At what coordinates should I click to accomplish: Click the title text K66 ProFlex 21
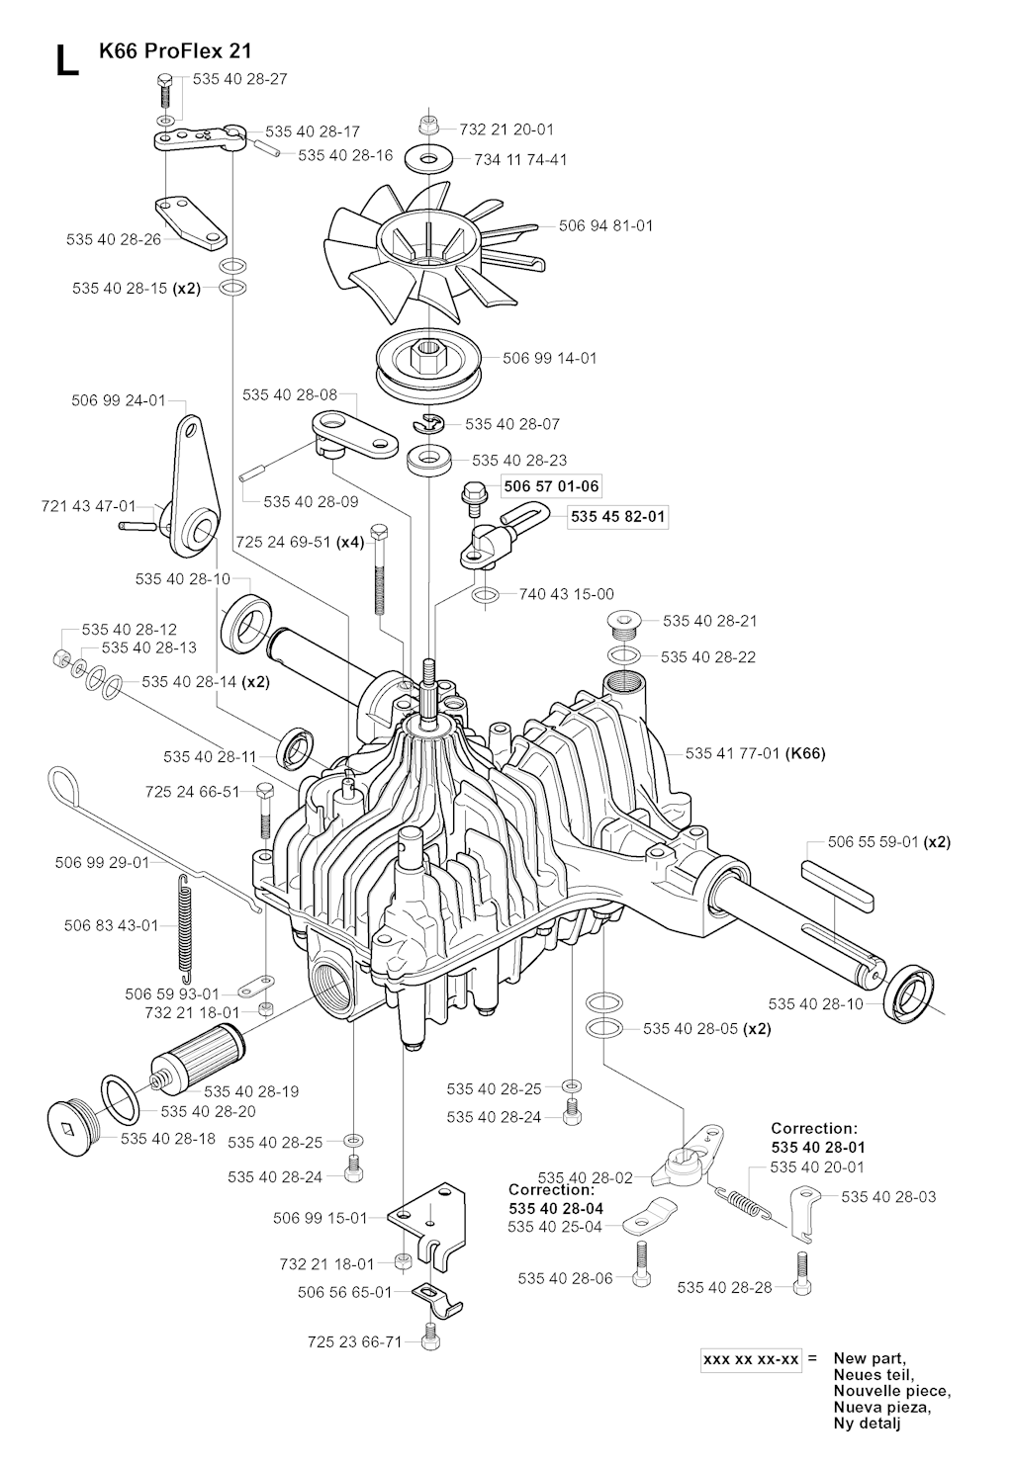pos(174,50)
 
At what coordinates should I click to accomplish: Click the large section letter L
pos(65,60)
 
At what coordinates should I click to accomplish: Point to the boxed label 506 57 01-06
pos(551,486)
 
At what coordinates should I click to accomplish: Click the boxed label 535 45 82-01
pos(618,516)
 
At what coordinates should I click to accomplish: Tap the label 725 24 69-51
pos(286,543)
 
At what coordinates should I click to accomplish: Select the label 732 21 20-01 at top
pos(506,129)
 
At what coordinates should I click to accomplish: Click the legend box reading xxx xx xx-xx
pos(751,1359)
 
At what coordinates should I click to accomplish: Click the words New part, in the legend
pos(871,1358)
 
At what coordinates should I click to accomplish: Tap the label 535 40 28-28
pos(726,1286)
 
